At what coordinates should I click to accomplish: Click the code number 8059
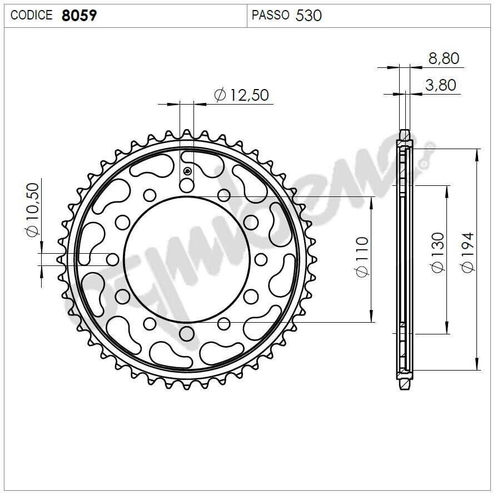(79, 15)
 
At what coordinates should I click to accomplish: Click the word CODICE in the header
(31, 15)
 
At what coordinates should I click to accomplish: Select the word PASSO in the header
(270, 15)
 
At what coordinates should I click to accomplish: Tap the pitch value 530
(309, 15)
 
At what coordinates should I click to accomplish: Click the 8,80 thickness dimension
(444, 58)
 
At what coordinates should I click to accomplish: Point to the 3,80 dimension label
(440, 85)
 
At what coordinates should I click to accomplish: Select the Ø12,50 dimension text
(241, 95)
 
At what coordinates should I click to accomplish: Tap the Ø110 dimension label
(362, 257)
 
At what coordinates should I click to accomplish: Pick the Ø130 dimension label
(438, 253)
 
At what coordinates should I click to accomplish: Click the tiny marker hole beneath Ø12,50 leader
(187, 171)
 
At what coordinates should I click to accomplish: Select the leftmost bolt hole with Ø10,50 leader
(113, 259)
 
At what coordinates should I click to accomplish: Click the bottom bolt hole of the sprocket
(187, 333)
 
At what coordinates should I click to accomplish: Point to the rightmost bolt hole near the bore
(260, 259)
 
